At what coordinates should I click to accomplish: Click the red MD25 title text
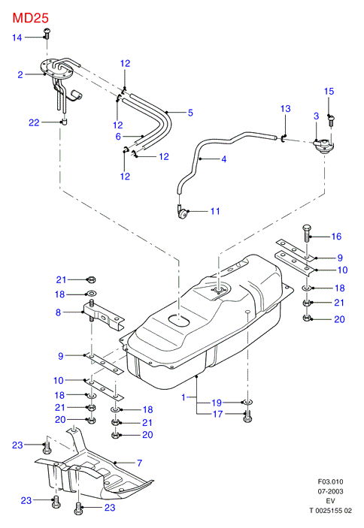[31, 18]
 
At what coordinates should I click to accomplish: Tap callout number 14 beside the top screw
[17, 38]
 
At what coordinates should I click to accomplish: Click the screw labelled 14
[47, 33]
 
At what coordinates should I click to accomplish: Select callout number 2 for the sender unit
[20, 74]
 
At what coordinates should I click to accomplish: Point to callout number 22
[34, 122]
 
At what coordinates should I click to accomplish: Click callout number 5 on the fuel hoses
[190, 113]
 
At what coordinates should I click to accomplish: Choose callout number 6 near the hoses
[118, 137]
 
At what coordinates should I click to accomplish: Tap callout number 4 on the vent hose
[224, 159]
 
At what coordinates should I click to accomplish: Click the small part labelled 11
[182, 213]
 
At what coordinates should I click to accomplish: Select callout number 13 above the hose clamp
[286, 109]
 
